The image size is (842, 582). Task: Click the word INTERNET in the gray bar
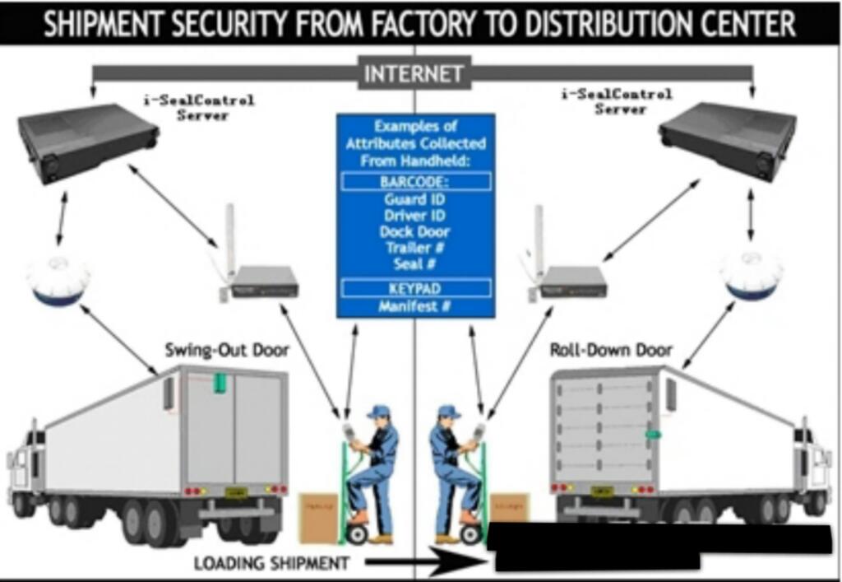[414, 73]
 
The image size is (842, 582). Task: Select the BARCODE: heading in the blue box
[415, 182]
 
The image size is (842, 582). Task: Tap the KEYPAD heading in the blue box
[415, 289]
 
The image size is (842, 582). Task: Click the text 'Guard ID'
[415, 199]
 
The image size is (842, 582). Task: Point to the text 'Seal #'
[415, 264]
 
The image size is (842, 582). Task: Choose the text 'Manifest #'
[415, 307]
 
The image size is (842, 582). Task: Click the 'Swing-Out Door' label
[227, 351]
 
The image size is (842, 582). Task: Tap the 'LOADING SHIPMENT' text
[271, 564]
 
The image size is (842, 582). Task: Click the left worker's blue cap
[379, 411]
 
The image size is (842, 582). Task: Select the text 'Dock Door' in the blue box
[415, 232]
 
